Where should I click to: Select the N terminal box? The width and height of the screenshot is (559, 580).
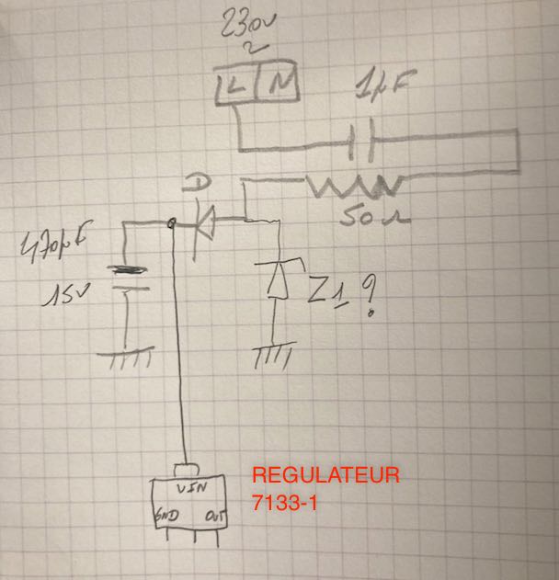280,86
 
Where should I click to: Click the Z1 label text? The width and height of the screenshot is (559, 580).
327,292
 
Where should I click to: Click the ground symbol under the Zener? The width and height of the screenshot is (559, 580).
273,354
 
